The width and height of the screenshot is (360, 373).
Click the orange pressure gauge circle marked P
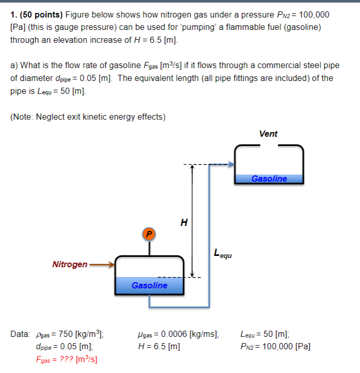150,234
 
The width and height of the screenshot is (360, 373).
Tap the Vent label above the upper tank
268,134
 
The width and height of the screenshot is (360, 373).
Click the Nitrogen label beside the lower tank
70,265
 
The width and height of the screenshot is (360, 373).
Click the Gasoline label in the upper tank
269,179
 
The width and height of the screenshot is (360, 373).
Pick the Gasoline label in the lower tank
149,285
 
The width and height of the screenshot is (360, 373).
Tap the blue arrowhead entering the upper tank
231,165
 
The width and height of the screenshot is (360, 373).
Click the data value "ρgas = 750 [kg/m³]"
70,334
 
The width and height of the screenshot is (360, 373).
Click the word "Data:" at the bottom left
21,334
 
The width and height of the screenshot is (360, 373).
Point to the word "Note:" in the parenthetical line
24,117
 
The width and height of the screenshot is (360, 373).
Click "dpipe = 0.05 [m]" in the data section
64,346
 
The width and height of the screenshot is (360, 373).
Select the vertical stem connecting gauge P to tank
150,248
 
